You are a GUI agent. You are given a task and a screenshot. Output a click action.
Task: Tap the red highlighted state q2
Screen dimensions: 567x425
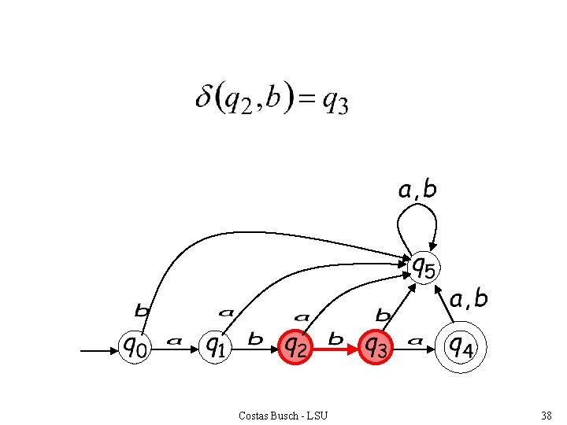click(295, 347)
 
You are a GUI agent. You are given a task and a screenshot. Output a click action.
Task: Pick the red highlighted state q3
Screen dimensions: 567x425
click(376, 347)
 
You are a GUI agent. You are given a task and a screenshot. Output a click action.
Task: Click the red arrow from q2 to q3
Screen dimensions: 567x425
click(335, 349)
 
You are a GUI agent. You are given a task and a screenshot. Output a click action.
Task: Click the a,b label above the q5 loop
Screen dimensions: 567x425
click(417, 190)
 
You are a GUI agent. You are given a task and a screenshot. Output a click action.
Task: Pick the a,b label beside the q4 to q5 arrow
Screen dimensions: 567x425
click(469, 299)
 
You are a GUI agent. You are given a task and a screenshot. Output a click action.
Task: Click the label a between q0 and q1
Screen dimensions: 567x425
click(174, 341)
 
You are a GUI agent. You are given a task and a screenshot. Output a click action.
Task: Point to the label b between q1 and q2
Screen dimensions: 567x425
click(255, 339)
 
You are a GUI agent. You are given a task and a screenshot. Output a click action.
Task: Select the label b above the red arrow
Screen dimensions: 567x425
click(335, 339)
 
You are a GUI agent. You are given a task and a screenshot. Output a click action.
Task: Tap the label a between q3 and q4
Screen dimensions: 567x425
click(416, 341)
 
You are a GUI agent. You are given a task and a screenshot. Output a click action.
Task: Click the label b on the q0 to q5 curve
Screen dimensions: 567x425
click(142, 310)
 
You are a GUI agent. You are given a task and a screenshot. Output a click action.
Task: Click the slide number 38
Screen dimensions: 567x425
click(547, 416)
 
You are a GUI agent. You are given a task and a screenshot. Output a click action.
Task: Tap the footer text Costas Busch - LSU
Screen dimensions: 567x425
click(283, 416)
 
